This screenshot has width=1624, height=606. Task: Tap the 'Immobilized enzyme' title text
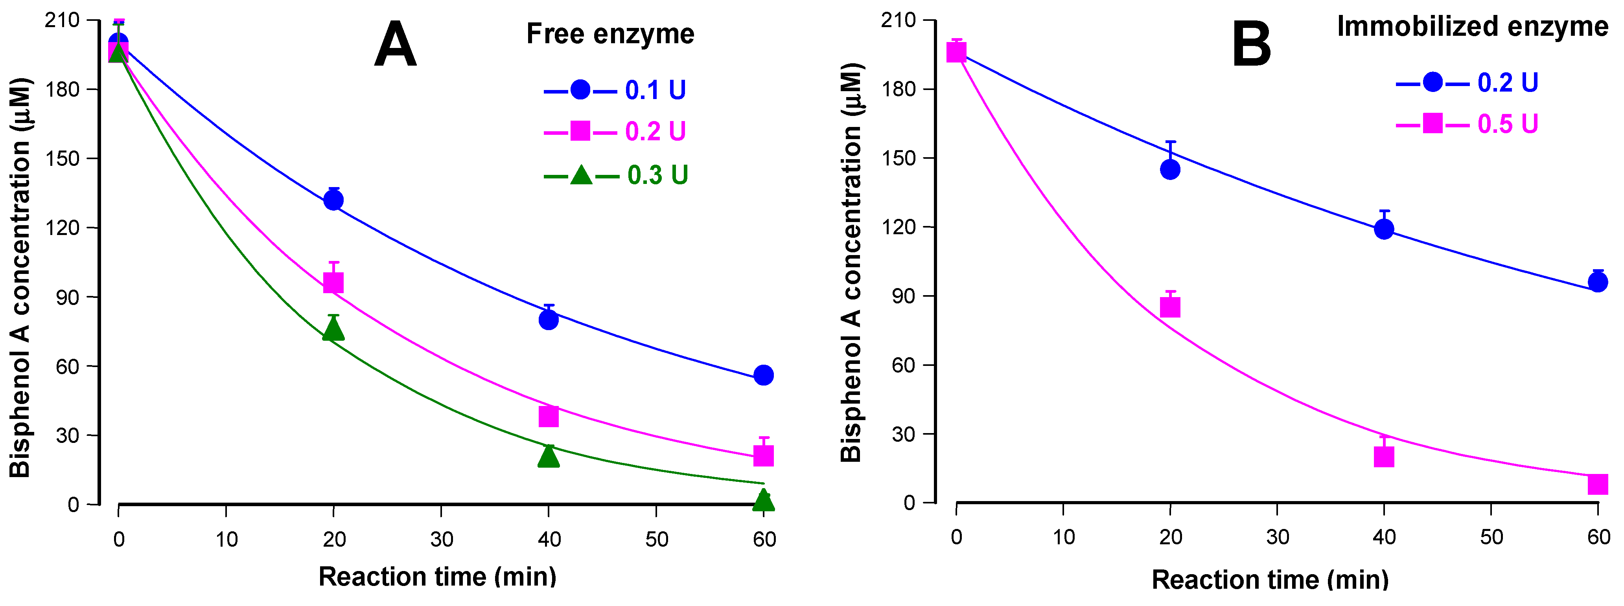tap(1472, 26)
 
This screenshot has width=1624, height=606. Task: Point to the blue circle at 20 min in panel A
tap(333, 200)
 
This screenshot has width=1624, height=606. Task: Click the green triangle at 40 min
tap(549, 456)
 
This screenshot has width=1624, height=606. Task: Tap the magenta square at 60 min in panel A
tap(764, 455)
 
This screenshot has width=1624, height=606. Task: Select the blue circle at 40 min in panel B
tap(1384, 229)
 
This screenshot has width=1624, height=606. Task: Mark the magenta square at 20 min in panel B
tap(1170, 307)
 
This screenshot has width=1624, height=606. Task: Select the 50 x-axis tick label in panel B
tap(1491, 537)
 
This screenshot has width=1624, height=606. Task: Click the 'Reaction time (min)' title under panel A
tap(438, 577)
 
